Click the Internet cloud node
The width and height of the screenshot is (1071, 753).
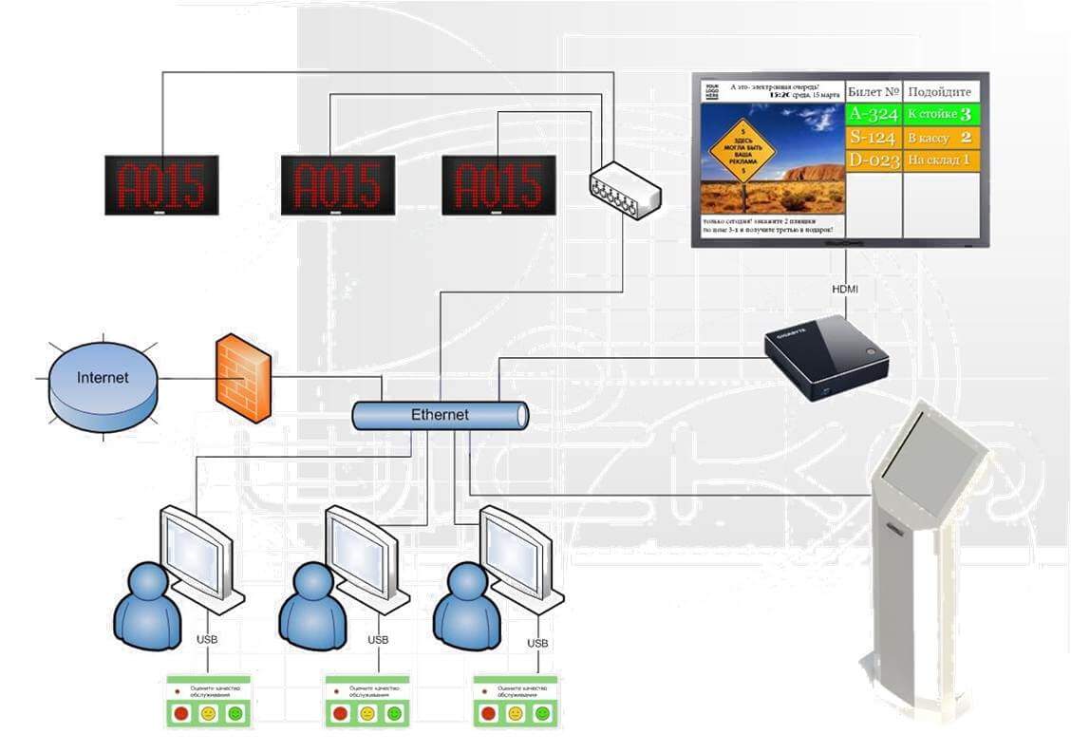(x=102, y=378)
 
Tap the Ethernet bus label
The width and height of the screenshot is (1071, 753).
(x=440, y=415)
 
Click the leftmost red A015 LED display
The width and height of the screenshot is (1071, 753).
(x=161, y=184)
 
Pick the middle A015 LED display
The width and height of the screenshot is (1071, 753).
(x=337, y=184)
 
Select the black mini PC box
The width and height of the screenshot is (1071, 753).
(x=826, y=355)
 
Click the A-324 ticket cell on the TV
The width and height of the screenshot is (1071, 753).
(x=873, y=115)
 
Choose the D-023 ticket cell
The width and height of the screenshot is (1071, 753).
(x=873, y=160)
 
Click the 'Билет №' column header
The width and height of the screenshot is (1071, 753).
(x=873, y=92)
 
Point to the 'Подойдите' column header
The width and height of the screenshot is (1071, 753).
(x=939, y=92)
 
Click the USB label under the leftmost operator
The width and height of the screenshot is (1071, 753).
(x=207, y=639)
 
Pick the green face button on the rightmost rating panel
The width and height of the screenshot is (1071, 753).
(x=542, y=713)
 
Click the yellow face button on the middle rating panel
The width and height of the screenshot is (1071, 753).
(x=367, y=713)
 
